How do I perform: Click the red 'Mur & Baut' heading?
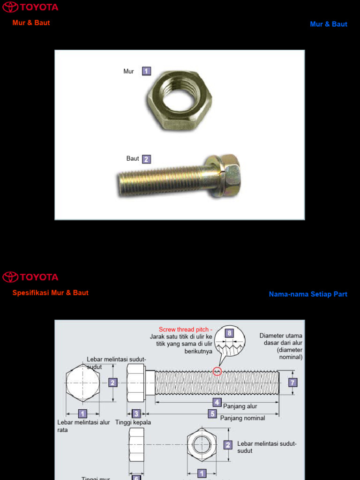pyautogui.click(x=31, y=22)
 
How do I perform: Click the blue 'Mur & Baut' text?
pyautogui.click(x=329, y=24)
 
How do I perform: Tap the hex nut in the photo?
pyautogui.click(x=180, y=100)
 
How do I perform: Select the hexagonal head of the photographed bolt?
pyautogui.click(x=229, y=176)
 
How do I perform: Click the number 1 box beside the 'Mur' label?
pyautogui.click(x=146, y=71)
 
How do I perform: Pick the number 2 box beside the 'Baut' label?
pyautogui.click(x=146, y=159)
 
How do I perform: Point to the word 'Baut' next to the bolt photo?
pyautogui.click(x=133, y=158)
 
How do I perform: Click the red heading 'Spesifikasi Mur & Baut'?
pyautogui.click(x=50, y=292)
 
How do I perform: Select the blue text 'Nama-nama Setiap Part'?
pyautogui.click(x=308, y=294)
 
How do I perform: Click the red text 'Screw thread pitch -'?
pyautogui.click(x=185, y=330)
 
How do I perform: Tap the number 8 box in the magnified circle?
pyautogui.click(x=229, y=333)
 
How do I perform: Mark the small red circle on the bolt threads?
pyautogui.click(x=217, y=372)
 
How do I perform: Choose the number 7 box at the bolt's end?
pyautogui.click(x=293, y=382)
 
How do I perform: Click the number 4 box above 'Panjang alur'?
pyautogui.click(x=217, y=402)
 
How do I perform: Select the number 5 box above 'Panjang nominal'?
pyautogui.click(x=213, y=414)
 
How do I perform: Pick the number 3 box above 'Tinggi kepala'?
pyautogui.click(x=136, y=414)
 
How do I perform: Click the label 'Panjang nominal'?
pyautogui.click(x=242, y=418)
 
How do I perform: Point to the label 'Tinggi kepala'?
pyautogui.click(x=133, y=422)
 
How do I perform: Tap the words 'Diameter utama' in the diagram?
pyautogui.click(x=281, y=336)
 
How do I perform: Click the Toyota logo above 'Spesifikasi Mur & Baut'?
pyautogui.click(x=30, y=277)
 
